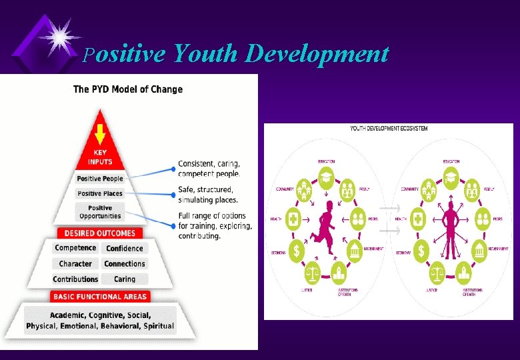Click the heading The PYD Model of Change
(127, 89)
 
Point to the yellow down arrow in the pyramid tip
(100, 136)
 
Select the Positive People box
(100, 179)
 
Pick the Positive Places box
(100, 193)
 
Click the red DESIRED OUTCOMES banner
(99, 233)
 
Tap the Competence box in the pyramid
(75, 248)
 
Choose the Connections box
(125, 264)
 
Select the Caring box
(125, 279)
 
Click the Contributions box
(75, 279)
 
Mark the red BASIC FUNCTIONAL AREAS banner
(99, 297)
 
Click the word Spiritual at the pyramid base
(158, 326)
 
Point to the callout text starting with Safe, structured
(207, 195)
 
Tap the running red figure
(324, 227)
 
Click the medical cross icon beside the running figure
(293, 217)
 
